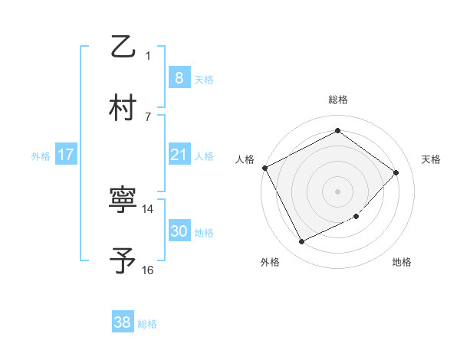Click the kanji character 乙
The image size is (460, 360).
point(123,47)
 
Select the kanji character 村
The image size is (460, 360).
point(123,107)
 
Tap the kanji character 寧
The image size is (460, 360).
point(123,201)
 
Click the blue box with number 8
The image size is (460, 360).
point(179,77)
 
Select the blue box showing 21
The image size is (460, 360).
point(179,155)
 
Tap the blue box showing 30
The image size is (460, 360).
point(179,231)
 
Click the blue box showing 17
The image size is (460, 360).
point(66,155)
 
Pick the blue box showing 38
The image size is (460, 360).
point(122,322)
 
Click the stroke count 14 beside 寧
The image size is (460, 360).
point(148,208)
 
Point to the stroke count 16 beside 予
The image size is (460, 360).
point(148,270)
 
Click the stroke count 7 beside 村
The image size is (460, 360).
point(148,116)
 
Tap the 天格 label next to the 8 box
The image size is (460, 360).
point(204,79)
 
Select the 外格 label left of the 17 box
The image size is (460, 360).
point(41,156)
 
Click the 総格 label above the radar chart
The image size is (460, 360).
point(337,100)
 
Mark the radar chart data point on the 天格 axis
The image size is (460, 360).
point(396,172)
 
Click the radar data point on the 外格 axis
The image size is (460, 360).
point(301,242)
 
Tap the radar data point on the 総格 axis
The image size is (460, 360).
point(337,131)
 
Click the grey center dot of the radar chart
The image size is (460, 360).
point(337,191)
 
